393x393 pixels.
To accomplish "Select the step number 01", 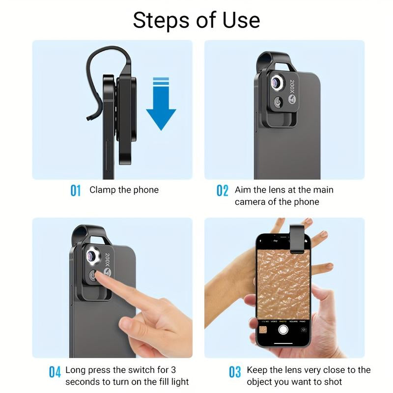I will tap(75, 190).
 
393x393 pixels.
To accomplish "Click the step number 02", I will tap(223, 190).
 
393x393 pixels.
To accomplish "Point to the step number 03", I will tap(235, 372).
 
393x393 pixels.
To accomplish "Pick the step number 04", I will tap(55, 372).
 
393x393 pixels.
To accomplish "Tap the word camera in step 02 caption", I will tap(250, 202).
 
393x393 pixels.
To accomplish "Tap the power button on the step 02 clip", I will tap(278, 102).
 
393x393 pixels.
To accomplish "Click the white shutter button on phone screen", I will tap(282, 330).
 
